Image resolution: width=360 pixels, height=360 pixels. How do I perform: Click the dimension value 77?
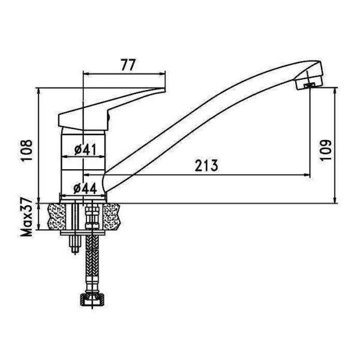(x=128, y=65)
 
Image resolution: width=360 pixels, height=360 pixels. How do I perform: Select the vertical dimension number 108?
(x=27, y=151)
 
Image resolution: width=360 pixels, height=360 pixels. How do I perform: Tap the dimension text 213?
(x=206, y=166)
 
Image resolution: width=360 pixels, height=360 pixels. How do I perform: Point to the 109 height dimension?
(x=326, y=150)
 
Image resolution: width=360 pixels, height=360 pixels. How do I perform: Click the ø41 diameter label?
(x=85, y=149)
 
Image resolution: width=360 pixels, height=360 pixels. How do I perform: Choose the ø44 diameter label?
(x=85, y=189)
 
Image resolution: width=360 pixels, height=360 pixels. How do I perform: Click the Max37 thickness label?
(x=27, y=217)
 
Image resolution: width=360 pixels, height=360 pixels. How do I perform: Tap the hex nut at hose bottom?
(x=92, y=299)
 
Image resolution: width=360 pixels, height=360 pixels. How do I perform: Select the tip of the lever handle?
(x=164, y=89)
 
